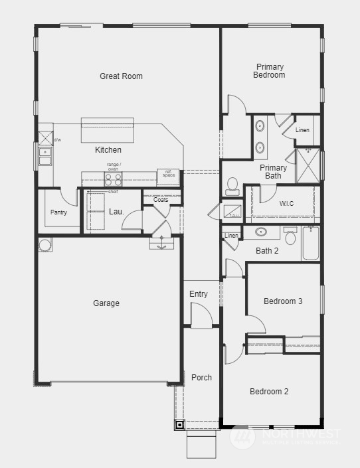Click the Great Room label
click(121, 76)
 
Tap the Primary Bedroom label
click(269, 71)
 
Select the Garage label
click(106, 303)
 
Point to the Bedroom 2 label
click(269, 392)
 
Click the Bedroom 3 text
click(283, 301)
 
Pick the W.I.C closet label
click(286, 203)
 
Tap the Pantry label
click(58, 212)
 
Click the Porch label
click(201, 377)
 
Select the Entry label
click(199, 294)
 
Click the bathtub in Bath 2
click(310, 244)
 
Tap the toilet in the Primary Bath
click(233, 185)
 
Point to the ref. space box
click(168, 177)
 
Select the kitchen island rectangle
click(107, 130)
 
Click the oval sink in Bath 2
click(261, 233)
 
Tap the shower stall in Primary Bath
click(308, 165)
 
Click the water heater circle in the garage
click(45, 245)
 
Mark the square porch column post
click(179, 425)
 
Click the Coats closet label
click(161, 200)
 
